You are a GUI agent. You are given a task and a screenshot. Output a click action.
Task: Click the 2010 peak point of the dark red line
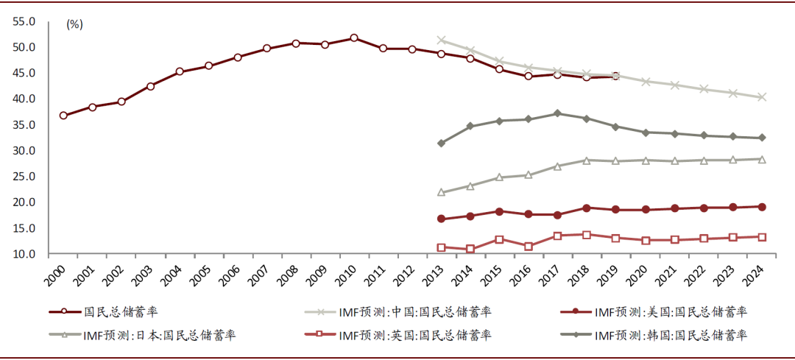coord(354,38)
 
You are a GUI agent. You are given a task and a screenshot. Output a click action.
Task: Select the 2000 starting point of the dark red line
coord(63,116)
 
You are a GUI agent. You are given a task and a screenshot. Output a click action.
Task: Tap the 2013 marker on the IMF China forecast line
coord(441,40)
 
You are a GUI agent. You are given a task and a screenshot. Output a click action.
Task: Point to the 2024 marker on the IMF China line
coord(762,97)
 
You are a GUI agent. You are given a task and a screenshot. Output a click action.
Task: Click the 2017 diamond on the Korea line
coord(557,113)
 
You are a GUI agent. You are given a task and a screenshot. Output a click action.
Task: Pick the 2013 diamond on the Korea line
coord(441,143)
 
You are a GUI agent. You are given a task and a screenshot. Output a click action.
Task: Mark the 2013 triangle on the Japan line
coord(441,192)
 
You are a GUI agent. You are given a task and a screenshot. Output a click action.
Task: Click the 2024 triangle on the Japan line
coord(762,159)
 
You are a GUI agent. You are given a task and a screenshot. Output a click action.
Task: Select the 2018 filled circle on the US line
coord(587,208)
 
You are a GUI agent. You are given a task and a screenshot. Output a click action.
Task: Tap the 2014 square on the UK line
coord(470,249)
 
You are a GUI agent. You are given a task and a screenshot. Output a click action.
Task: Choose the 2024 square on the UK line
coord(762,237)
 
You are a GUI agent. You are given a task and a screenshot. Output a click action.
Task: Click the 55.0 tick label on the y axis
coord(24,22)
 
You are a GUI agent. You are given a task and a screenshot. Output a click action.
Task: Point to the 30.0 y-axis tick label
coord(24,151)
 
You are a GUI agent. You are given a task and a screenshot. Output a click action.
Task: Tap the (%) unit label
coord(74,24)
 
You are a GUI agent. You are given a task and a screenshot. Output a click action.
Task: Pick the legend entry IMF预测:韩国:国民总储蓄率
coord(670,336)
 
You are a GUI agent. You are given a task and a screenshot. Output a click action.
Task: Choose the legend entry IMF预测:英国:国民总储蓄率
coord(415,336)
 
